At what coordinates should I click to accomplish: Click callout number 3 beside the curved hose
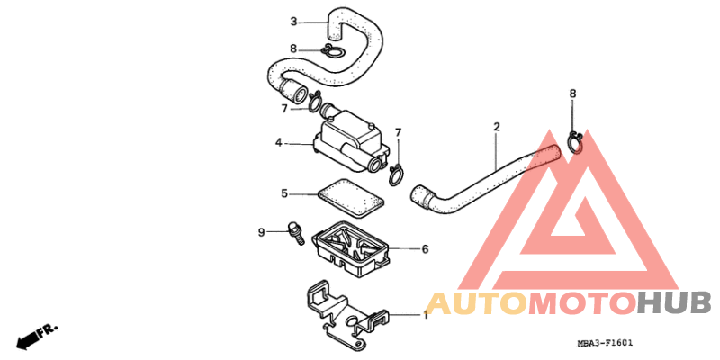point(294,21)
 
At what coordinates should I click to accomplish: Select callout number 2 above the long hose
point(497,127)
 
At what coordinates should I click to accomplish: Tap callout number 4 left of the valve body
point(279,143)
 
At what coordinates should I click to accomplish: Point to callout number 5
point(284,193)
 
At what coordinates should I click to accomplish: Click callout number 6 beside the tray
point(425,249)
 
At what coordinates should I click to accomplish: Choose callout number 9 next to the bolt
point(261,233)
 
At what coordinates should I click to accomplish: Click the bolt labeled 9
point(296,233)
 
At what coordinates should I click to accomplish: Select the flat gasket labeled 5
point(350,198)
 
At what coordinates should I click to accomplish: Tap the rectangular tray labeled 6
point(351,249)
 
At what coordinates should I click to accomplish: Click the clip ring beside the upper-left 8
point(331,51)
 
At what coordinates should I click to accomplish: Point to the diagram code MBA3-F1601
point(605,343)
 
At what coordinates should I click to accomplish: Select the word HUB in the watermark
point(673,303)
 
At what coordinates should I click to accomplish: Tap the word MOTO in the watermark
point(582,303)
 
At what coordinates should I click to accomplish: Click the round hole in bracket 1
point(352,321)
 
